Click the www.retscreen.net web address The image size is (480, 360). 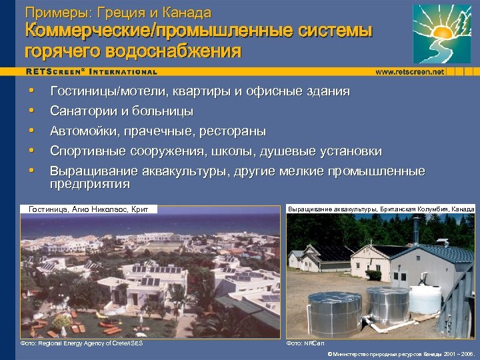(409, 71)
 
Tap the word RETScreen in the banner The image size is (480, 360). (53, 71)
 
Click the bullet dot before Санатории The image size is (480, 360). (31, 111)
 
